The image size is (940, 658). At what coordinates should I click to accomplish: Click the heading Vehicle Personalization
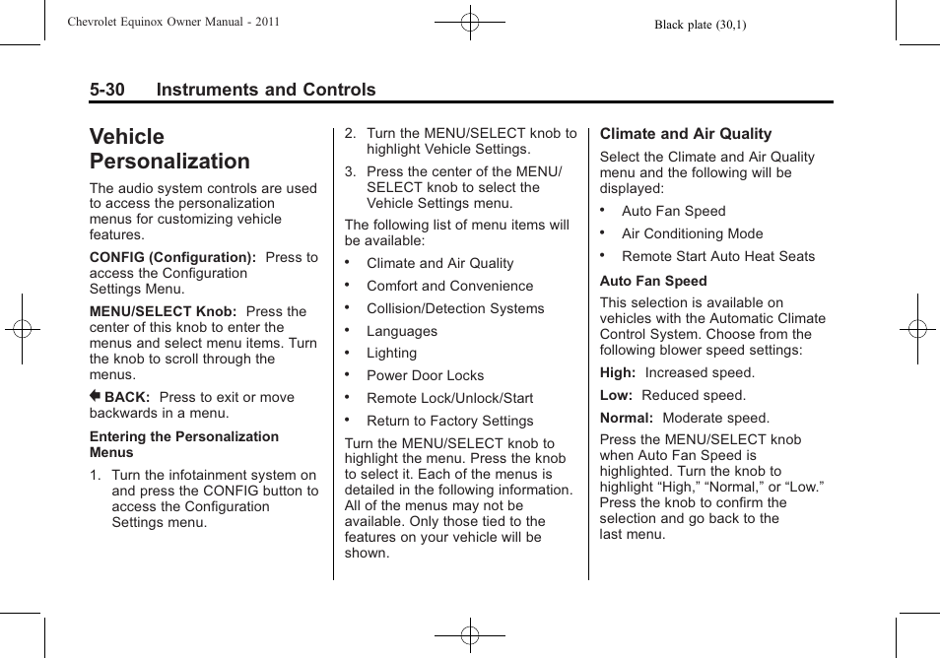click(169, 149)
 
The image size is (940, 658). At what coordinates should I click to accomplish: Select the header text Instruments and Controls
click(265, 90)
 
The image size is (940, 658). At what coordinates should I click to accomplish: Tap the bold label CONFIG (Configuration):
click(172, 257)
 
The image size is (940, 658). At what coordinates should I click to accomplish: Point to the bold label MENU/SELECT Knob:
click(163, 311)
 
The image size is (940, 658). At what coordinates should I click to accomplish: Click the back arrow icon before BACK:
click(96, 397)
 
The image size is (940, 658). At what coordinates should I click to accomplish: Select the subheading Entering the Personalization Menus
click(183, 444)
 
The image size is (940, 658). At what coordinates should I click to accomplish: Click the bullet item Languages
click(401, 331)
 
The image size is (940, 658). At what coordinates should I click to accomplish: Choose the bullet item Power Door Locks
click(425, 375)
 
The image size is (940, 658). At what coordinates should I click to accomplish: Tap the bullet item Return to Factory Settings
click(449, 421)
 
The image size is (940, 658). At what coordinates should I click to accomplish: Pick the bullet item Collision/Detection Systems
click(454, 308)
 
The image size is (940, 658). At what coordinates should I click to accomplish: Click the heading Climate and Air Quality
click(686, 134)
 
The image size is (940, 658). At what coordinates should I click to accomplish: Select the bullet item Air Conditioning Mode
click(692, 233)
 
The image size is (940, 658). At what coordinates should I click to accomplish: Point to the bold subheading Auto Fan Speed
click(653, 281)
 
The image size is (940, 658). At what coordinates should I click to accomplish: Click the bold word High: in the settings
click(618, 372)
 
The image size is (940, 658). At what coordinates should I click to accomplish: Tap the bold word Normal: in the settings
click(627, 418)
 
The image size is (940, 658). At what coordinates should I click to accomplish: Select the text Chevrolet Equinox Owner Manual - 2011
click(173, 21)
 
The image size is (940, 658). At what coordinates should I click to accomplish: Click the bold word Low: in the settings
click(616, 395)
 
